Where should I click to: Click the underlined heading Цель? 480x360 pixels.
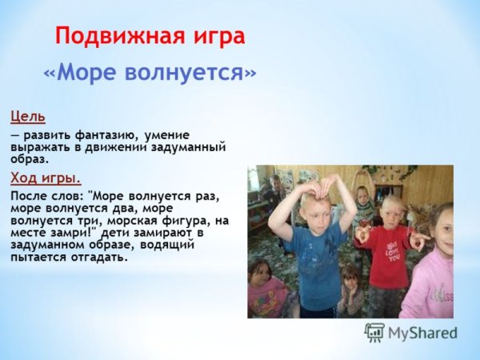coord(28,117)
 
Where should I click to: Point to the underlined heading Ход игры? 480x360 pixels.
coord(46,177)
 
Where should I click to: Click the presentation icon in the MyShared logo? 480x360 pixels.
coord(374,332)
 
